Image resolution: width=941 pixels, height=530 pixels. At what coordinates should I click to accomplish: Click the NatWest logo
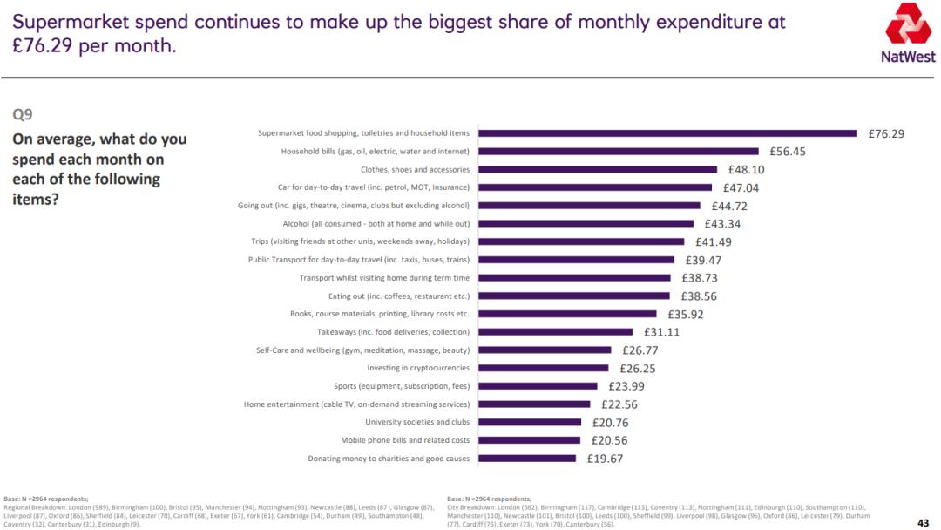(x=910, y=33)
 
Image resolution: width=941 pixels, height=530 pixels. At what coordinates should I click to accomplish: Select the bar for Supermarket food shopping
(x=668, y=133)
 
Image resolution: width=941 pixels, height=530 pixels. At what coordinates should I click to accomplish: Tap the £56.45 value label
(x=788, y=152)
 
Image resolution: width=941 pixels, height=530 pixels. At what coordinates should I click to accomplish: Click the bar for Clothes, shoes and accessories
(x=598, y=170)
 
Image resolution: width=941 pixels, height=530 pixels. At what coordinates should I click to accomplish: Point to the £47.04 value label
(x=741, y=187)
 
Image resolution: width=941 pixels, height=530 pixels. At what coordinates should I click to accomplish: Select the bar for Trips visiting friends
(x=582, y=241)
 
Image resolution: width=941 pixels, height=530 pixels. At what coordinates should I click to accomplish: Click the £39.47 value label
(x=703, y=260)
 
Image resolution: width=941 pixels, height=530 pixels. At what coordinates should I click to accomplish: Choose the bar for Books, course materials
(x=568, y=314)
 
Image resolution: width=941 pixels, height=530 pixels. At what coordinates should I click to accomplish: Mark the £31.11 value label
(x=661, y=332)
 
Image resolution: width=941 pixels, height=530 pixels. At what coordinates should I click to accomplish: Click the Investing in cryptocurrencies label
(x=418, y=368)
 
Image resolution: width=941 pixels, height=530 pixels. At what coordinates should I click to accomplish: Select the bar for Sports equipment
(x=538, y=386)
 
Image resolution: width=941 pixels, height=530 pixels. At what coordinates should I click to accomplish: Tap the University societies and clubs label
(x=417, y=422)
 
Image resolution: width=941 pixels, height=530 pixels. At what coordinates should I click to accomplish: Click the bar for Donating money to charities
(x=527, y=459)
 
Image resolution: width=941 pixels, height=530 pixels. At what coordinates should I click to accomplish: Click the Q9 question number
(x=23, y=114)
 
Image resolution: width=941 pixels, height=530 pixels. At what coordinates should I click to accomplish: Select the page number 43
(x=924, y=522)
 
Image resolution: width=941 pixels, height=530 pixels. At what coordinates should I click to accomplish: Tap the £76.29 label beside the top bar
(x=886, y=134)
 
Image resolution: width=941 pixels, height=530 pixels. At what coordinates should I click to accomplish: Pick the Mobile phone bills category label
(x=405, y=440)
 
